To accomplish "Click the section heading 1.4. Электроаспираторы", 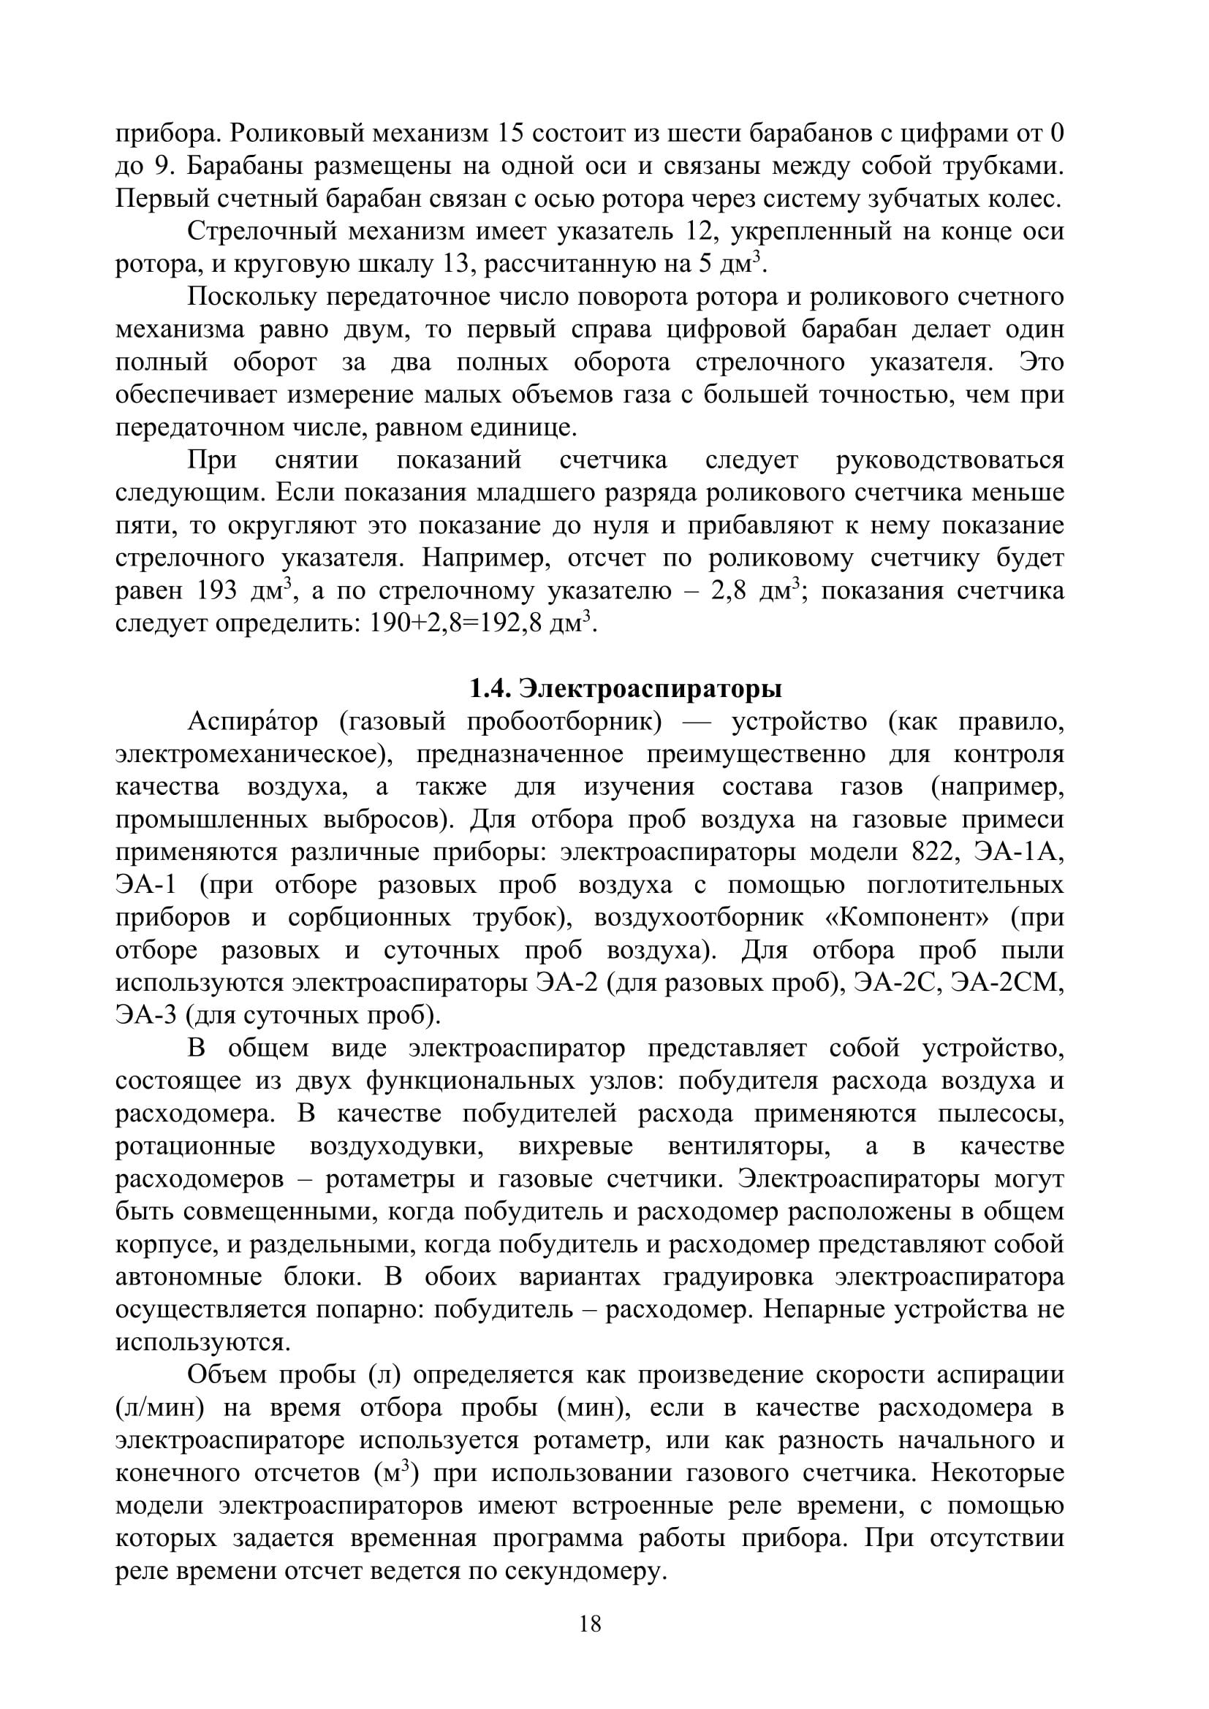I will point(626,688).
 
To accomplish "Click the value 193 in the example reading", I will point(216,591).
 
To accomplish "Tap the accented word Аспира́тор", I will point(252,722).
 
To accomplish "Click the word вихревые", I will point(575,1147).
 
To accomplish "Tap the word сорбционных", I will point(369,918).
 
